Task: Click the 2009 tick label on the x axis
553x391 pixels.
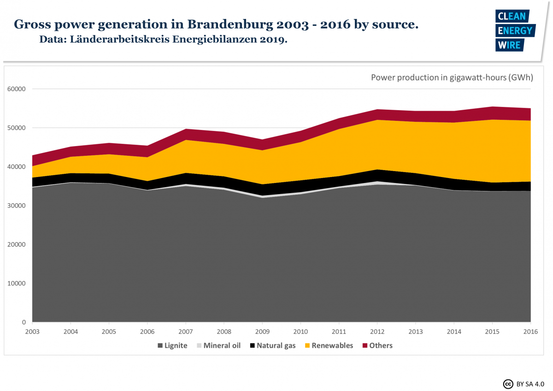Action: click(262, 331)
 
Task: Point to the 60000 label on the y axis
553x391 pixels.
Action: click(17, 89)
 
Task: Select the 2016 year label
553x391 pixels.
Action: click(530, 331)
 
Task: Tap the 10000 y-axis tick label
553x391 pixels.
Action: click(17, 283)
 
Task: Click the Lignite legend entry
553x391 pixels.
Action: click(172, 345)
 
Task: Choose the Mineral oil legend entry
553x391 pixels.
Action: click(218, 345)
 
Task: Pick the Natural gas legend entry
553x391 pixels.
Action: click(272, 345)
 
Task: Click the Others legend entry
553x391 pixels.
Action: click(377, 345)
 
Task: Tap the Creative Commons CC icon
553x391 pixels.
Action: click(508, 383)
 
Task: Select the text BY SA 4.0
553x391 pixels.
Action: click(531, 383)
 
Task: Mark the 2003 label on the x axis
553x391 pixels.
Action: click(33, 331)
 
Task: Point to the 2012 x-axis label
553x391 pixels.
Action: click(377, 331)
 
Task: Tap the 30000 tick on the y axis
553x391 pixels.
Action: click(17, 206)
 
